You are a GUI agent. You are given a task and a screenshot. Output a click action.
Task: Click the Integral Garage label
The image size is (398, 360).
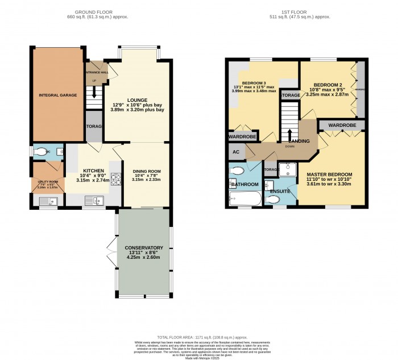[57, 96]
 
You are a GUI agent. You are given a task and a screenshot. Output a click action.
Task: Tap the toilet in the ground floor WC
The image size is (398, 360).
[42, 152]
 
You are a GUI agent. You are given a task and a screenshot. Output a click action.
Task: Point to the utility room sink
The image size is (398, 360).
[45, 200]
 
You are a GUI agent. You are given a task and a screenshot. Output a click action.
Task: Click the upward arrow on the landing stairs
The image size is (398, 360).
[291, 135]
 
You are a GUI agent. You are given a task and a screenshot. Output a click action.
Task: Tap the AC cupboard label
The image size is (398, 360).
[235, 152]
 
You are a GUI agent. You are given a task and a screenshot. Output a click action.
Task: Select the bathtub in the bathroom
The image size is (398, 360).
[244, 200]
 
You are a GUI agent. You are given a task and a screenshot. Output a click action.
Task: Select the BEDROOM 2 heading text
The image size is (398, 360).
[327, 83]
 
